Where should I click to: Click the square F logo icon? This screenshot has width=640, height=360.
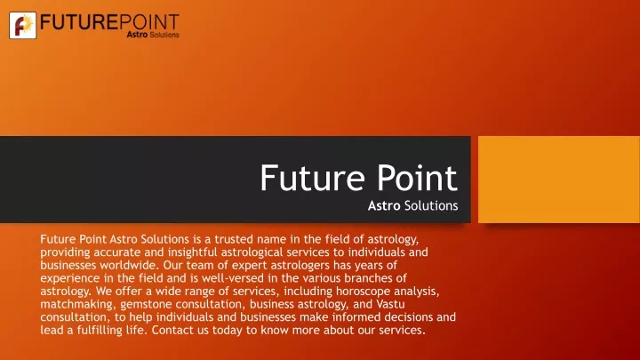(23, 25)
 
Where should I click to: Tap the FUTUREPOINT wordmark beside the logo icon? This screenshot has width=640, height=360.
(110, 22)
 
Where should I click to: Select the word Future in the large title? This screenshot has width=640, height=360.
(312, 178)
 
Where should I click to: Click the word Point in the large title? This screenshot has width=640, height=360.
(417, 178)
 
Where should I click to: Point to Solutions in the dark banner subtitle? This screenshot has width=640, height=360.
(431, 205)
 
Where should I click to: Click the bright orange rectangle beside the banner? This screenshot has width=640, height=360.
(559, 180)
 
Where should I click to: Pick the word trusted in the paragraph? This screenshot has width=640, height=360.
(234, 239)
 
